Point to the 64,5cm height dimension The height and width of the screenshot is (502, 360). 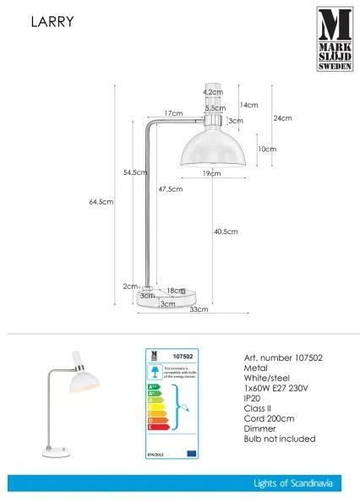pos(101,202)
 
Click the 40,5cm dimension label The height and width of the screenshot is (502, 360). pos(226,232)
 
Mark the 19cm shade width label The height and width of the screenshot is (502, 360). pos(211,173)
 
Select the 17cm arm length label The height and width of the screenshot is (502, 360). pos(173,113)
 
